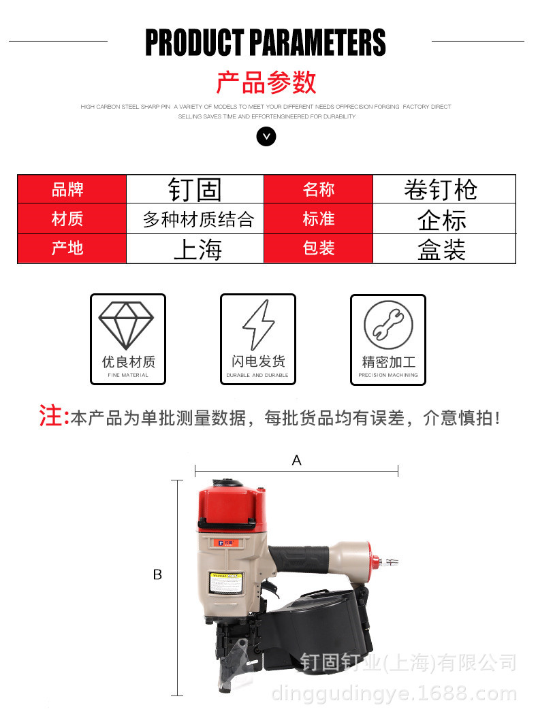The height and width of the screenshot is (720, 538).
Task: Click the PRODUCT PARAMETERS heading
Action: (x=266, y=42)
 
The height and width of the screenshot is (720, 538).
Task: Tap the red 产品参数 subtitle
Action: (x=266, y=82)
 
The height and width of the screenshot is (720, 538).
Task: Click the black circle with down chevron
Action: (x=266, y=137)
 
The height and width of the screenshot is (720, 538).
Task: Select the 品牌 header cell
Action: (x=72, y=189)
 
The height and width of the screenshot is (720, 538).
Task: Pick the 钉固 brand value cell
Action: (x=195, y=189)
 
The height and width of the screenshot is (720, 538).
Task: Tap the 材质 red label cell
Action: (x=72, y=218)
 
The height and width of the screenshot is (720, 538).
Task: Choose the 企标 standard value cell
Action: (x=443, y=219)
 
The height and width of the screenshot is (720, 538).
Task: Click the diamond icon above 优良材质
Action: (x=127, y=325)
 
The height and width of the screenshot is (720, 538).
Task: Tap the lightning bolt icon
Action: (x=258, y=325)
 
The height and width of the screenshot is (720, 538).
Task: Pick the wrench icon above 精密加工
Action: (x=387, y=325)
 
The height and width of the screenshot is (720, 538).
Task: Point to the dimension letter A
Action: (x=296, y=461)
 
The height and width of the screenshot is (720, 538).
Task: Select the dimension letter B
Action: (x=157, y=575)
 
